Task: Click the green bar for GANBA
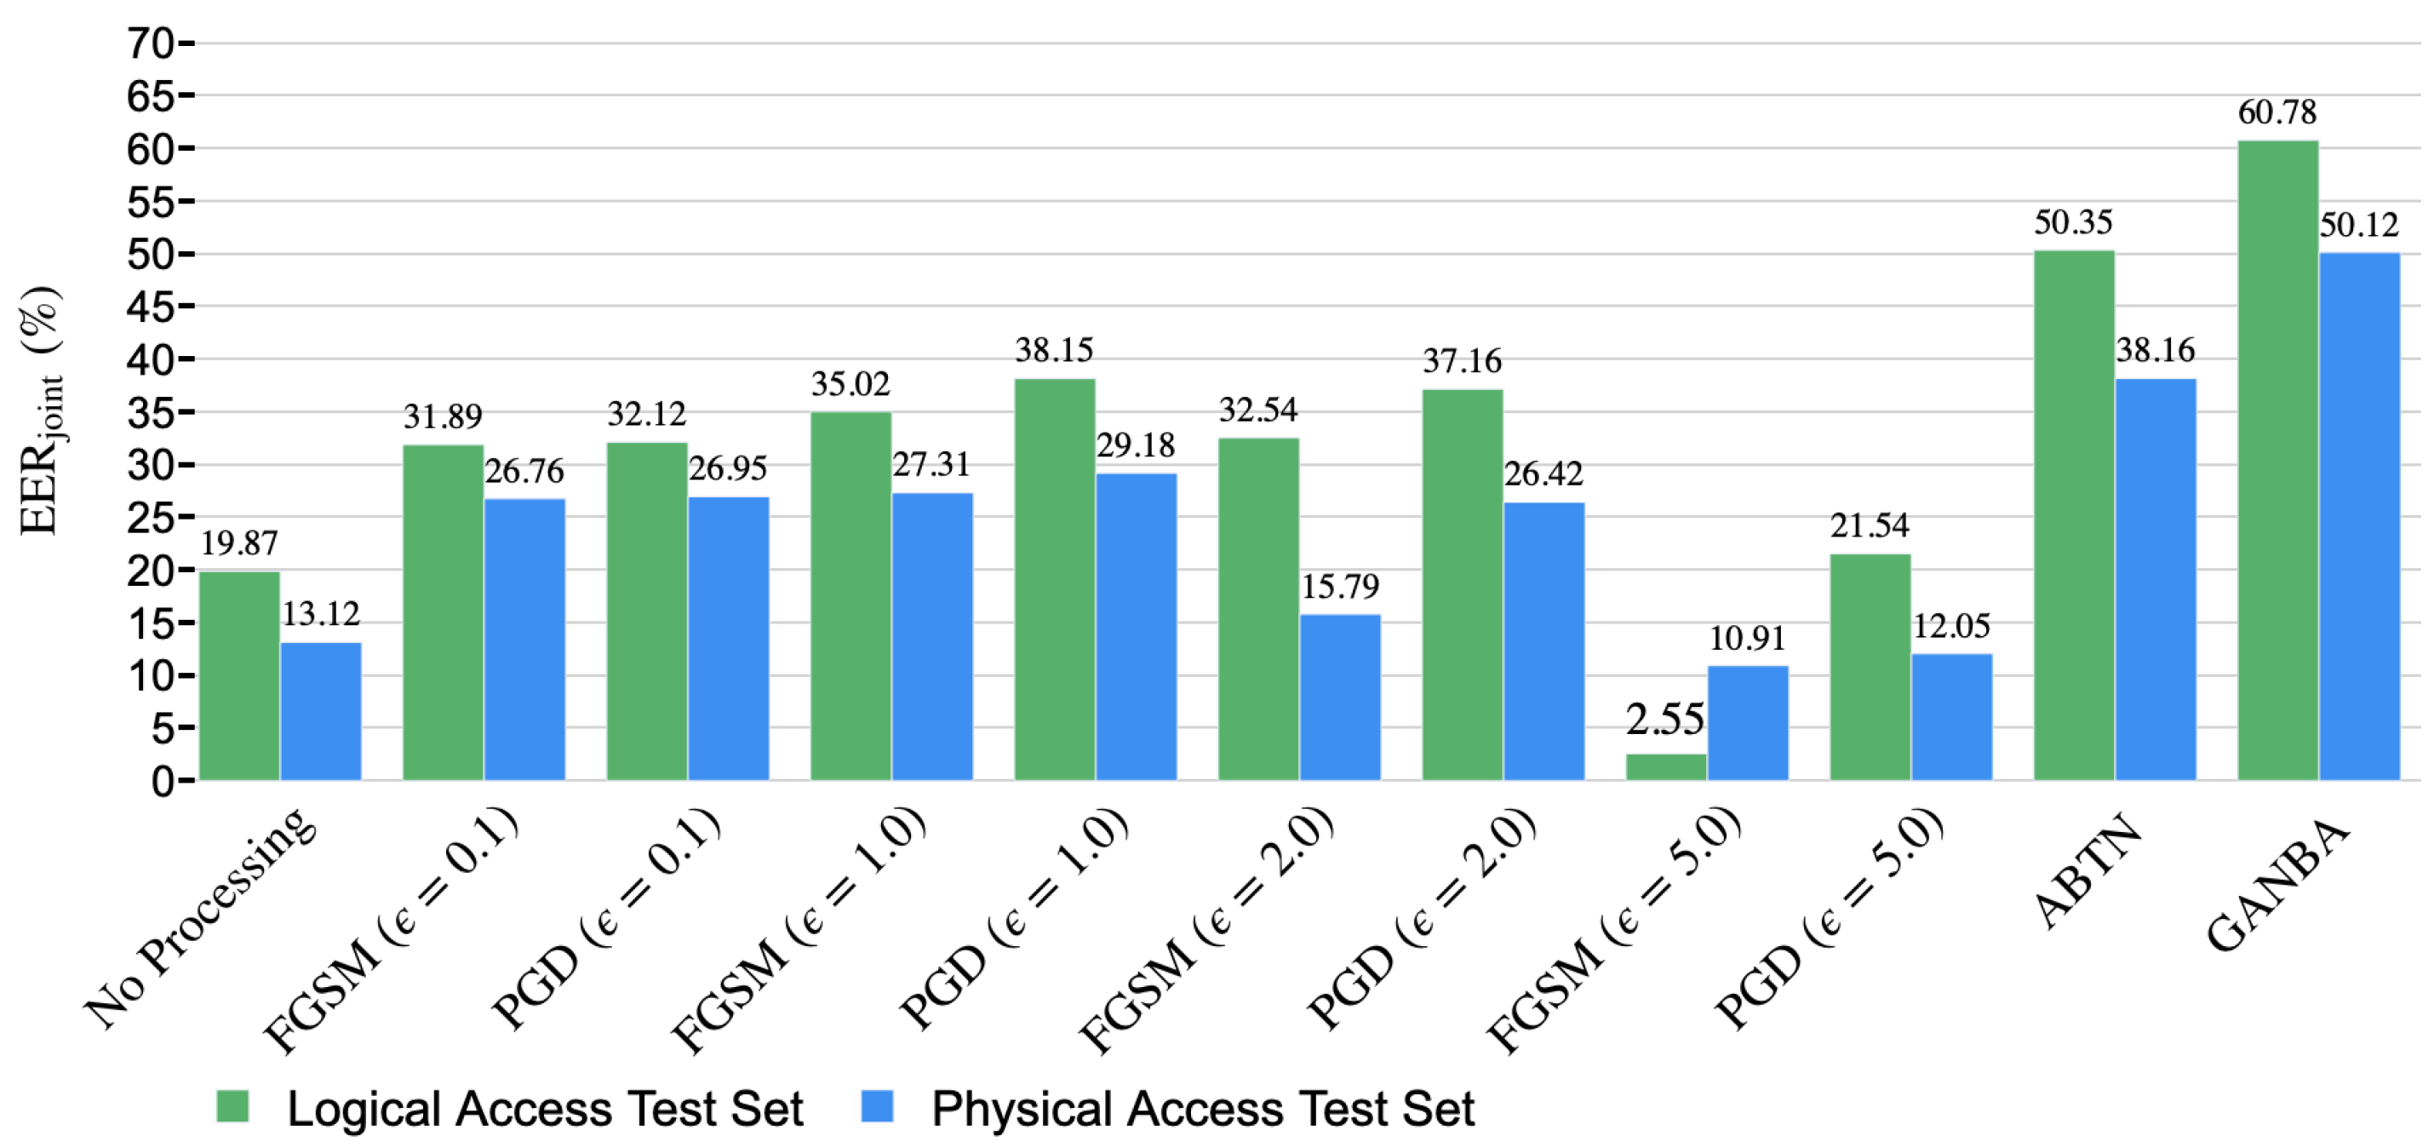tap(2277, 461)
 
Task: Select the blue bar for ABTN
tap(2156, 579)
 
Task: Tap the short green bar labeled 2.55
tap(1666, 766)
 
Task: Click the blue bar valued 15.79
tap(1340, 697)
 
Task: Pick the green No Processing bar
tap(239, 676)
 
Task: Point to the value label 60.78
tap(2277, 112)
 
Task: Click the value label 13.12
tap(320, 615)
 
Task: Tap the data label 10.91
tap(1747, 639)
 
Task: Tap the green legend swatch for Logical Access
tap(232, 1106)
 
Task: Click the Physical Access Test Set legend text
tap(1202, 1108)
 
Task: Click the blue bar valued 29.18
tap(1136, 626)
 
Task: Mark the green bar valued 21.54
tap(1870, 667)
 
